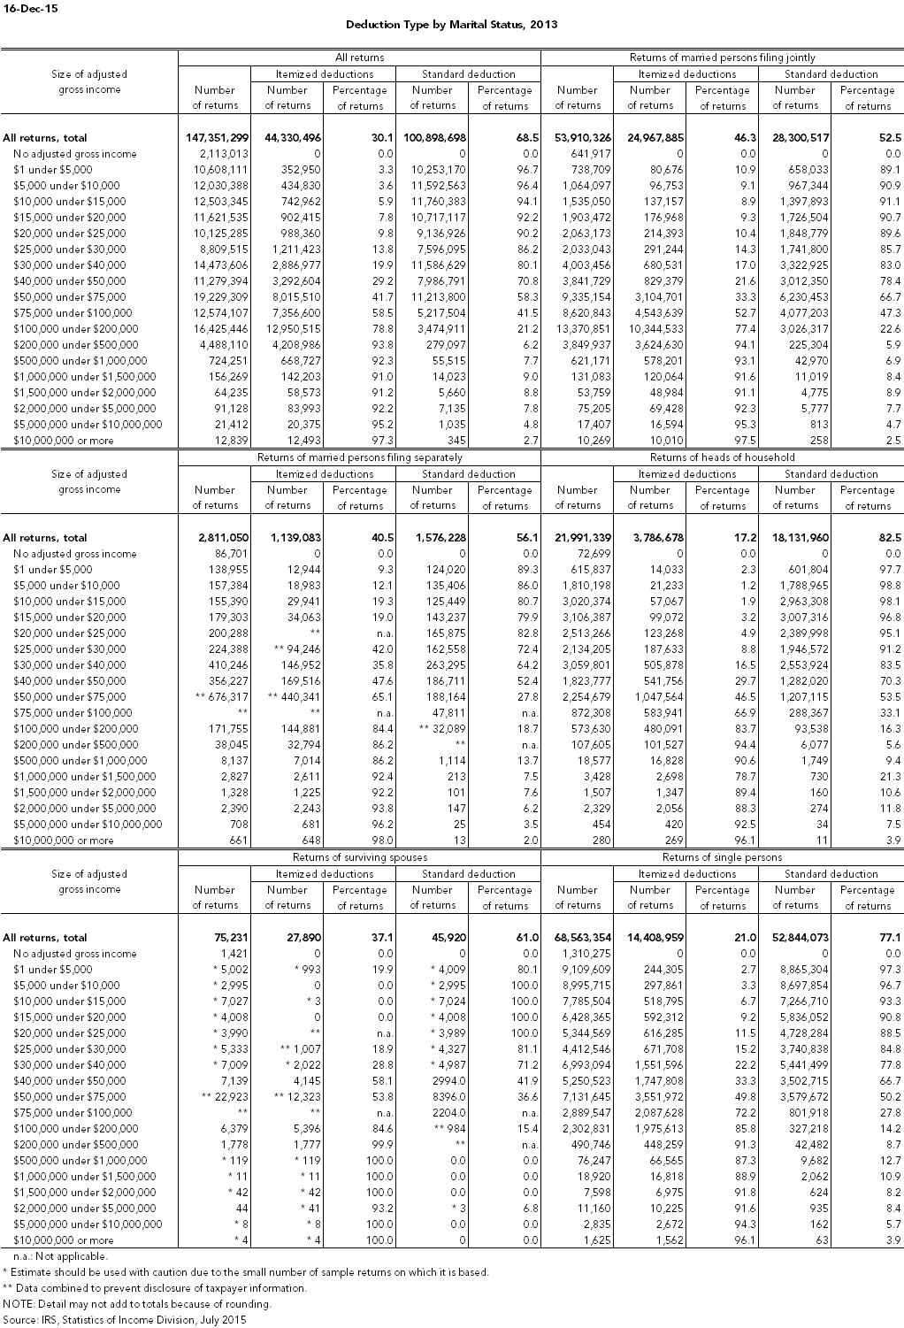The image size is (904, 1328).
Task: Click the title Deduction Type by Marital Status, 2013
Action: click(x=451, y=25)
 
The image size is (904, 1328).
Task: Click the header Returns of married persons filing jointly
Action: click(x=722, y=58)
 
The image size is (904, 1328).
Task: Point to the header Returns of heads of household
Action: click(x=722, y=457)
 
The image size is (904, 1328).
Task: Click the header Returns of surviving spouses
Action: click(x=360, y=857)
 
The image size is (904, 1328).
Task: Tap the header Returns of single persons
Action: click(x=722, y=857)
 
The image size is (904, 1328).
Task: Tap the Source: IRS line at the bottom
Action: click(x=124, y=1320)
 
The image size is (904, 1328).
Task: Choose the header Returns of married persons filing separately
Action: click(x=360, y=457)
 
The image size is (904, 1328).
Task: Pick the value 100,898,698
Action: click(x=432, y=138)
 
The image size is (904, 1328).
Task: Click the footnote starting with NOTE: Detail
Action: click(x=137, y=1304)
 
